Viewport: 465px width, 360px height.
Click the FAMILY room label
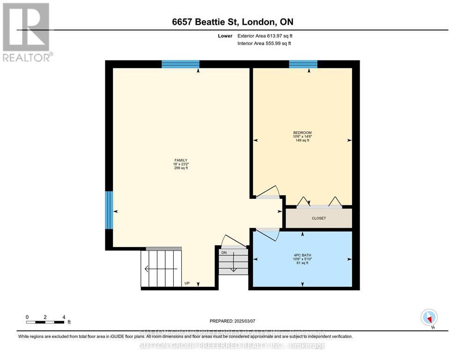(181, 160)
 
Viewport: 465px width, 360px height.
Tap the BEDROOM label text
(302, 133)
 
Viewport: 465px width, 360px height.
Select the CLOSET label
(318, 218)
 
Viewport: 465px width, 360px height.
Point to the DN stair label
(224, 252)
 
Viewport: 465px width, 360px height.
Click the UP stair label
(187, 283)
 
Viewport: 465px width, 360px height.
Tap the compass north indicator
(429, 318)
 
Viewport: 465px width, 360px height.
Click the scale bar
(45, 322)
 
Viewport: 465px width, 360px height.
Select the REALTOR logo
(27, 32)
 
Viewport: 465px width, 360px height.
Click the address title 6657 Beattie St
(232, 22)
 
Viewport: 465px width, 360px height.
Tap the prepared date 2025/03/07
(232, 321)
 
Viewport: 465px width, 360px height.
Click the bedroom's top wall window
(303, 64)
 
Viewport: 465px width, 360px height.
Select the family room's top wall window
(180, 64)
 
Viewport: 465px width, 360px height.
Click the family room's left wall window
(109, 210)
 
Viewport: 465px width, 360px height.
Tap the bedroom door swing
(268, 192)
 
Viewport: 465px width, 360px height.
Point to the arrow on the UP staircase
(161, 269)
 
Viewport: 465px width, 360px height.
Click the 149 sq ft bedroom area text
(302, 140)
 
